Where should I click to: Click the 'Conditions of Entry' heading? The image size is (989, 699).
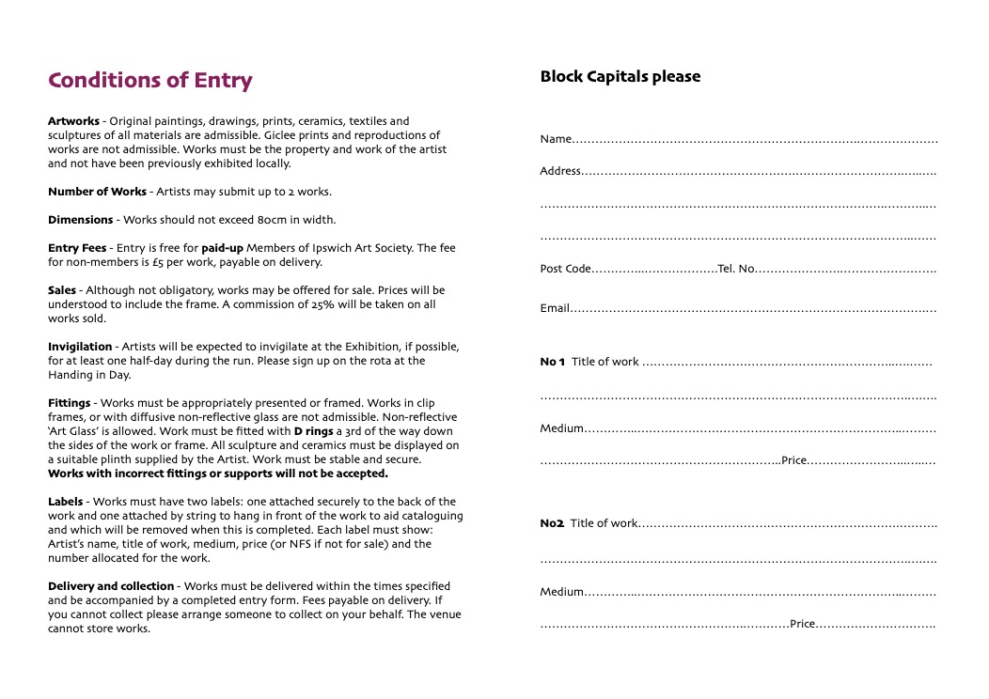tap(150, 81)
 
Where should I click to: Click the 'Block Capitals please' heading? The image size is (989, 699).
tap(620, 77)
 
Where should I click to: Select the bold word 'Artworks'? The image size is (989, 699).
tap(73, 121)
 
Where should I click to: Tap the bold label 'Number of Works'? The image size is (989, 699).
tap(97, 192)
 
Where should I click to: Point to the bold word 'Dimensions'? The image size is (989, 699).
tap(80, 220)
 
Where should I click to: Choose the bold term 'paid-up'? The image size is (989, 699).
tap(222, 248)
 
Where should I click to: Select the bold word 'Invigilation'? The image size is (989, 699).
tap(80, 347)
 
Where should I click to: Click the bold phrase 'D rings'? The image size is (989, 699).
tap(314, 431)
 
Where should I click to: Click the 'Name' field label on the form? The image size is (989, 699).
tap(556, 140)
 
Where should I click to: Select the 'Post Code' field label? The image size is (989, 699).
tap(565, 269)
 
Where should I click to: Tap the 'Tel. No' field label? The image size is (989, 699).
tap(736, 269)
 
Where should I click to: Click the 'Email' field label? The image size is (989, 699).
tap(555, 308)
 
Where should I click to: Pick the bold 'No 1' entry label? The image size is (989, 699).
tap(553, 363)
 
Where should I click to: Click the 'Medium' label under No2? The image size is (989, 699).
tap(561, 593)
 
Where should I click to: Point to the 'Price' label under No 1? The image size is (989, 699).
tap(794, 461)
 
